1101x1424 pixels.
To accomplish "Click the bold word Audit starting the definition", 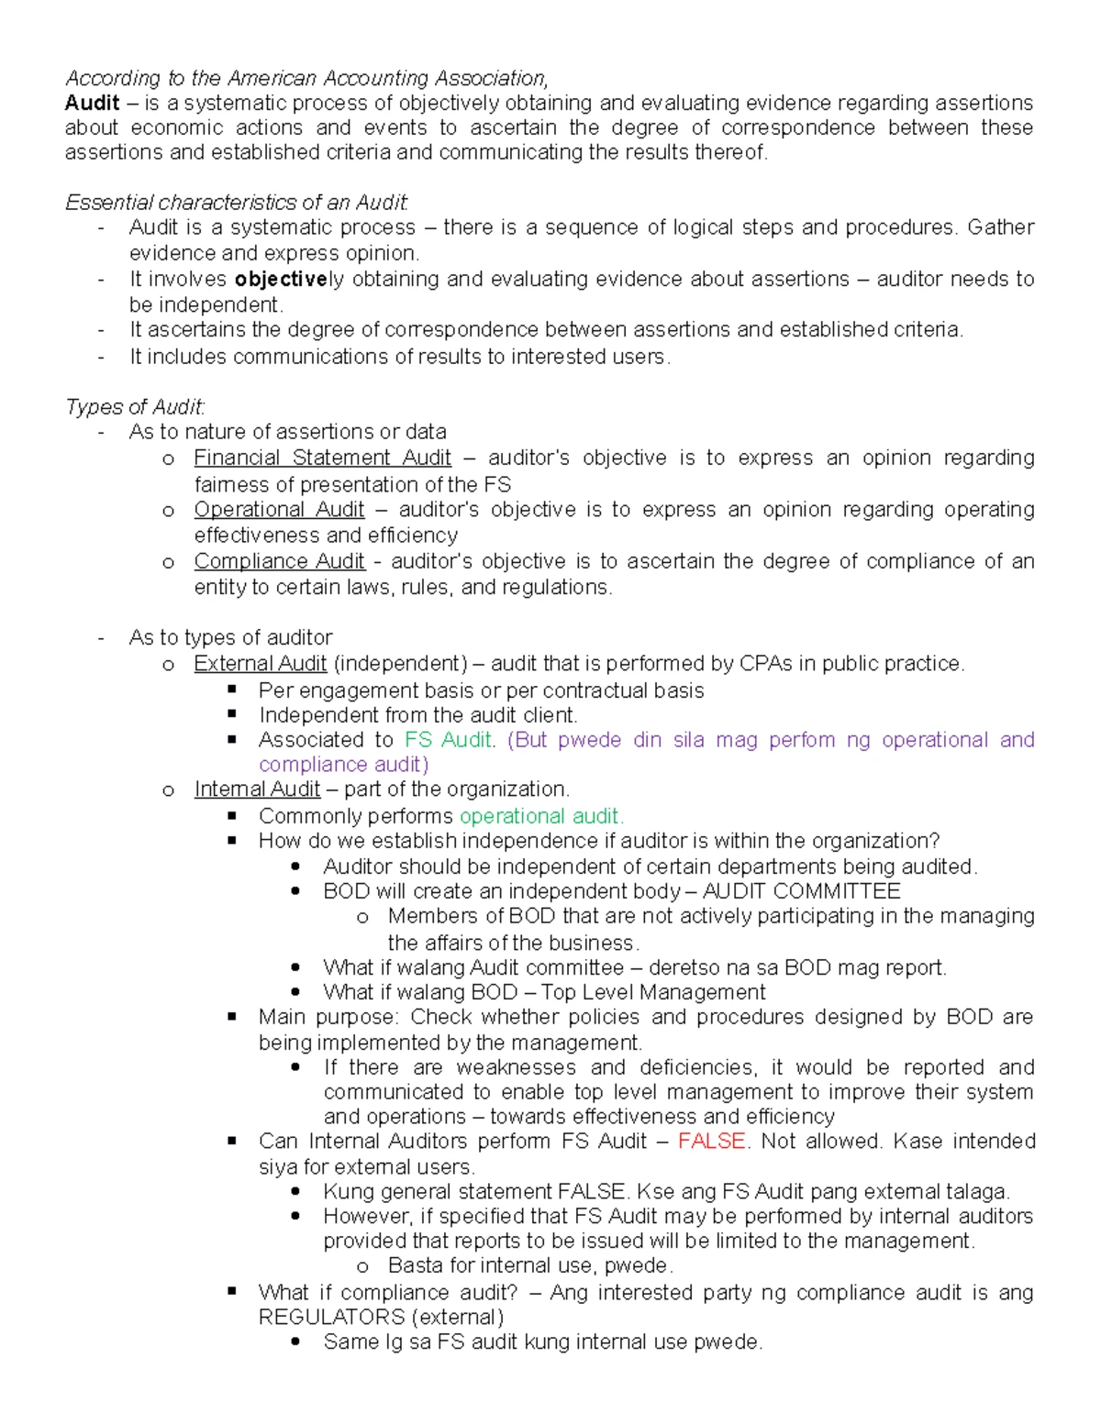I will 92,103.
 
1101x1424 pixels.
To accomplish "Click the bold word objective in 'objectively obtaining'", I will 281,279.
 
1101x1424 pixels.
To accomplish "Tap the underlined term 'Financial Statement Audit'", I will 322,458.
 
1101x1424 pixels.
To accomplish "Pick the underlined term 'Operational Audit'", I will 279,509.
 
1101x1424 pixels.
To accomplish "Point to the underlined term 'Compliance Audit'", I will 279,561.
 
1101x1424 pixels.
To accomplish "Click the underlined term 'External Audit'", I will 260,663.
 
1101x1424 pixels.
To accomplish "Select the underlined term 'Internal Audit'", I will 257,789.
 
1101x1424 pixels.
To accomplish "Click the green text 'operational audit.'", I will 541,816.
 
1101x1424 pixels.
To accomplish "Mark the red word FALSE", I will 712,1141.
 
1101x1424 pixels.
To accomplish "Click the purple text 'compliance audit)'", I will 343,764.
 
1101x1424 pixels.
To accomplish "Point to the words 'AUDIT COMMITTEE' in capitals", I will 801,891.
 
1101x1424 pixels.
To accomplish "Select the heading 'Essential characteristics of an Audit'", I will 237,202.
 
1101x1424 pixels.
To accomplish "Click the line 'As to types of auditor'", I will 230,637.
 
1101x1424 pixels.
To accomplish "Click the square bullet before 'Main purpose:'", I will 232,1016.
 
